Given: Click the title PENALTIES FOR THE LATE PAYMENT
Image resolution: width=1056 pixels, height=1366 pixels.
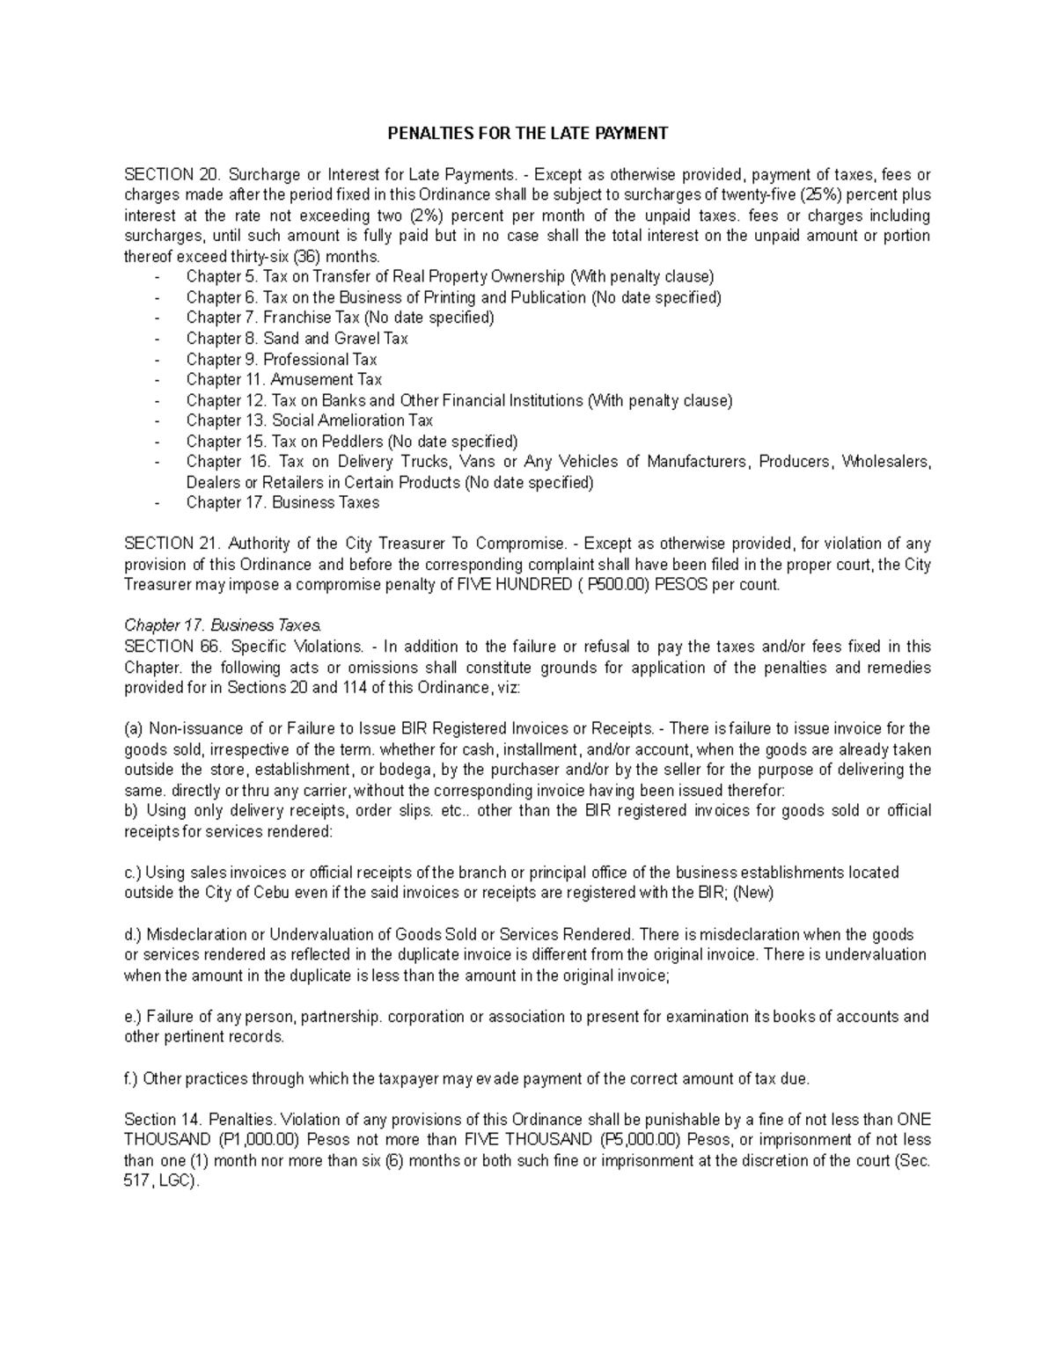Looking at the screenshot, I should click(528, 134).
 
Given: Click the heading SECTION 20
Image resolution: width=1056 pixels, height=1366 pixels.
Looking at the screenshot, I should click(170, 175).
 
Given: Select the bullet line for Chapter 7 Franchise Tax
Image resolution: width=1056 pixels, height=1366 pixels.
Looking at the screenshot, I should click(340, 318).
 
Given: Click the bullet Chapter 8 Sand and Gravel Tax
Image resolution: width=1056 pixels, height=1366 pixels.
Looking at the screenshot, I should click(297, 339).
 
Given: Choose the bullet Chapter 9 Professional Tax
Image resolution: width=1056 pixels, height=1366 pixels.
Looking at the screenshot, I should click(281, 359).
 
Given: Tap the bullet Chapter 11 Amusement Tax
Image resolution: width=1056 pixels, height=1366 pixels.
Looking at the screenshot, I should click(283, 380).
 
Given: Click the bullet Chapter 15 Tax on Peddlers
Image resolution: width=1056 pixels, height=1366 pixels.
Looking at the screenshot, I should click(351, 442).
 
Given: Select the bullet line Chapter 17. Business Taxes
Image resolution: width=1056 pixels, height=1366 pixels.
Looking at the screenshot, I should click(282, 503).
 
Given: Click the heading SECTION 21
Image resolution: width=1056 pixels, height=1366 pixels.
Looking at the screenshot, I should click(170, 544).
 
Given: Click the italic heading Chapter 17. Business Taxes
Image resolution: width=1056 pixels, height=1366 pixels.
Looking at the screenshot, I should click(224, 626).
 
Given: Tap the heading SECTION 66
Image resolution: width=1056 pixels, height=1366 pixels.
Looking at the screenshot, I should click(170, 646).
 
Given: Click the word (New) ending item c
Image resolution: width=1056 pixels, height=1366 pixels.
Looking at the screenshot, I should click(752, 893).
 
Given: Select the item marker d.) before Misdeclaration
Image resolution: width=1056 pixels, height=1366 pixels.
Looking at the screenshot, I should click(134, 934).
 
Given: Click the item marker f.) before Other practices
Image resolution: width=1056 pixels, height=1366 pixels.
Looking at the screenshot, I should click(132, 1078).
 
